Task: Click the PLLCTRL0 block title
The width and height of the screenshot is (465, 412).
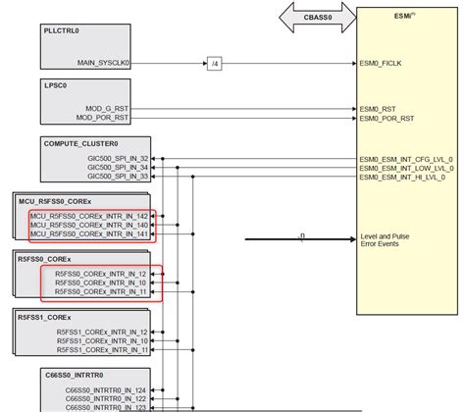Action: point(64,31)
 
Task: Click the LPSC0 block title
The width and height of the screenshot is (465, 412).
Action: point(57,87)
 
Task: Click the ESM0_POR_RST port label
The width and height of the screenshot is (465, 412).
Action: point(388,119)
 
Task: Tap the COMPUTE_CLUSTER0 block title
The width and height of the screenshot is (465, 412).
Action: point(80,143)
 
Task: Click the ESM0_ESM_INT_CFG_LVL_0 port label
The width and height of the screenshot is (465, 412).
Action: point(407,158)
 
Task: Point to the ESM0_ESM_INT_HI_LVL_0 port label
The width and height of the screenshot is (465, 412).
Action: point(405,178)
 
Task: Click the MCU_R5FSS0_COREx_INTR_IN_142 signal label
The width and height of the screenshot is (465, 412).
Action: point(89,216)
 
